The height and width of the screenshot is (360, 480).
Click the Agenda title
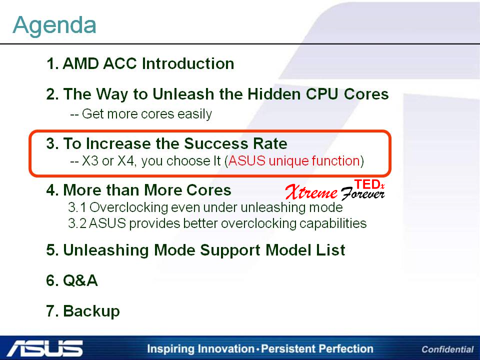point(54,25)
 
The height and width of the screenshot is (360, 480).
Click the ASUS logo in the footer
point(44,348)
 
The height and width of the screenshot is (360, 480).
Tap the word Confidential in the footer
point(447,349)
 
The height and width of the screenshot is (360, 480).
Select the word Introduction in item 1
point(188,63)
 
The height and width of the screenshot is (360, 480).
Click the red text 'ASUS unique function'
point(294,160)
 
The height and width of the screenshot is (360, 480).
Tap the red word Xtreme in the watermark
point(311,192)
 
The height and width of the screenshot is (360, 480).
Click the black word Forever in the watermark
point(362,194)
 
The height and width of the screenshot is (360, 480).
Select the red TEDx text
point(369,184)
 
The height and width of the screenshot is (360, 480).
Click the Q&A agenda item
point(72,280)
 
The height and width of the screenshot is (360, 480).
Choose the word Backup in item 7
point(91,311)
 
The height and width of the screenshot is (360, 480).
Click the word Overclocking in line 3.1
point(129,207)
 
